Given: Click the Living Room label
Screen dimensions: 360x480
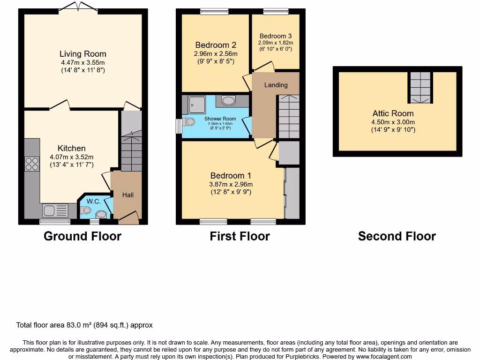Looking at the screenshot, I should coord(82,54).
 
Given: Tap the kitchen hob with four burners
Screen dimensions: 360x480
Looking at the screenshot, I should coord(32,164).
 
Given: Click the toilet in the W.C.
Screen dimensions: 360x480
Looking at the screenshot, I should coord(85,210).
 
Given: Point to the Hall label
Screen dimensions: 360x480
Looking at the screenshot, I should coord(128,195).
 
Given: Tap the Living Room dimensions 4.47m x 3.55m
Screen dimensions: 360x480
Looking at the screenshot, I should coord(82,63).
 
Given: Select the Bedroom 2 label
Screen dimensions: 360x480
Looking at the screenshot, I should coord(216,45).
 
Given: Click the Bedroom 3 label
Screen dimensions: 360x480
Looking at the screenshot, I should coord(276,36).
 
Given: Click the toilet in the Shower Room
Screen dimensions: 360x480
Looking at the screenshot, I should coord(189,122).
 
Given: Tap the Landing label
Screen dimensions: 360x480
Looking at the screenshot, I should coord(276,85).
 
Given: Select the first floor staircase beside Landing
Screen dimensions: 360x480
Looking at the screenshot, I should coord(288,116).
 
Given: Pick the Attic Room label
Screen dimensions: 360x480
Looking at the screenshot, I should coord(393,113).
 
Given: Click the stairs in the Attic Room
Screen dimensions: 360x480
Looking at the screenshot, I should coord(420,88).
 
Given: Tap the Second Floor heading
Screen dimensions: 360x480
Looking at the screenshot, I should coord(397,236).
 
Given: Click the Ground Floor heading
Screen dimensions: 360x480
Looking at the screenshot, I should coord(82,236).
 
